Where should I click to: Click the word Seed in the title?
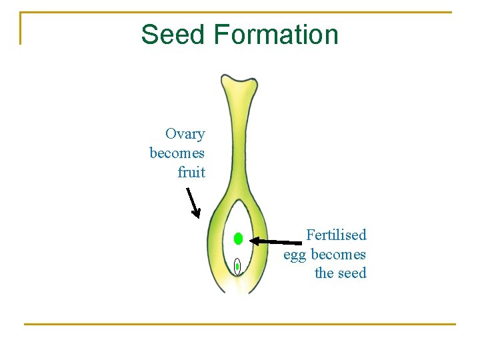click(x=174, y=35)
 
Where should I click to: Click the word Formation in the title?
click(x=276, y=35)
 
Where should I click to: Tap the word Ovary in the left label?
click(x=185, y=134)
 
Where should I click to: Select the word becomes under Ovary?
click(x=177, y=153)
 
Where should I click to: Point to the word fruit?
click(x=191, y=173)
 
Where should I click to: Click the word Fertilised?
click(x=336, y=235)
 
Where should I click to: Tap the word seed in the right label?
click(x=351, y=273)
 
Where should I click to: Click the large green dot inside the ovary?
click(x=238, y=239)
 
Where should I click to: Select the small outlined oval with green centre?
click(x=237, y=267)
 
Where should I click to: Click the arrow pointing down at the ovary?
click(x=193, y=203)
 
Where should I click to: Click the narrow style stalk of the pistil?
click(x=237, y=147)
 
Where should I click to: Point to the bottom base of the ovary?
click(x=237, y=287)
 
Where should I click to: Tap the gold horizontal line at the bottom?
click(x=240, y=324)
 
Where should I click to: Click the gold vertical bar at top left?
click(x=21, y=28)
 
